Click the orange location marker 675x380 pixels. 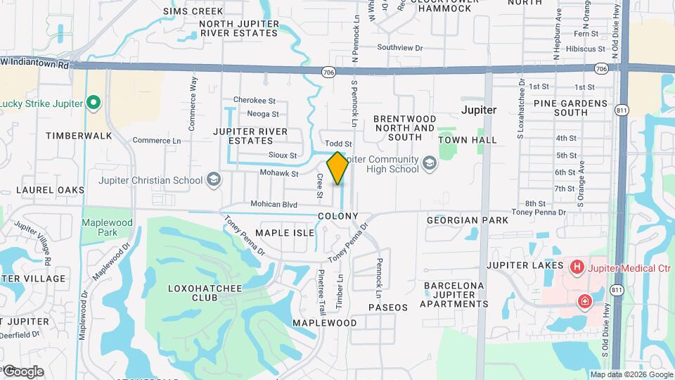coord(337,168)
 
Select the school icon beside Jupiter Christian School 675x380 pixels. coord(213,180)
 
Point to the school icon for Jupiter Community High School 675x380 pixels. coord(428,164)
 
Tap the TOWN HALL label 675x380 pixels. coord(468,140)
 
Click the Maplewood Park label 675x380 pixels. coord(107,227)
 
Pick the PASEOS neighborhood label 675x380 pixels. coord(387,308)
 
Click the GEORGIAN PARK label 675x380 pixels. coord(468,220)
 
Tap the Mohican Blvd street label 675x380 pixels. coord(269,204)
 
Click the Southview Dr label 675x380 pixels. coord(399,48)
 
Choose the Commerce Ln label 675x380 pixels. coord(156,141)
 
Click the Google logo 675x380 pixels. coord(23,372)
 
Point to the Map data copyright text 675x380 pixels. coord(631,374)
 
